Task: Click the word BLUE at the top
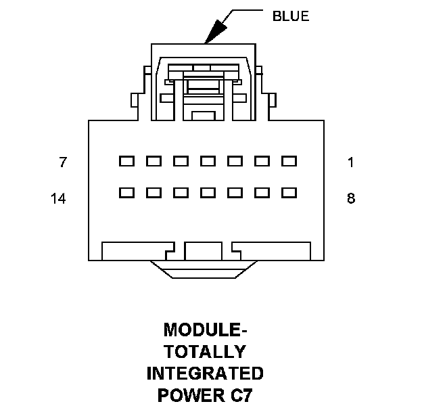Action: [290, 16]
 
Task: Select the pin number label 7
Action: [63, 162]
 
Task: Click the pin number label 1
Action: [350, 162]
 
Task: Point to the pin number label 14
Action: [58, 199]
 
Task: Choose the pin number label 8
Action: [350, 199]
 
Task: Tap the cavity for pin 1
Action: [289, 161]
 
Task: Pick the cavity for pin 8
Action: [289, 193]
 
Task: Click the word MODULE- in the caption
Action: [205, 330]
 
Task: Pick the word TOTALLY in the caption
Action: [205, 352]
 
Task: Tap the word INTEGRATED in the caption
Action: [205, 374]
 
